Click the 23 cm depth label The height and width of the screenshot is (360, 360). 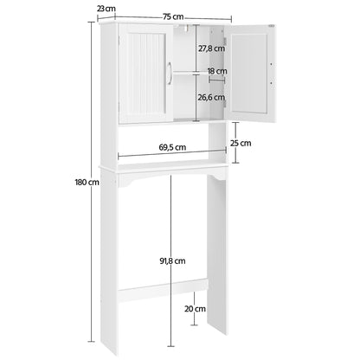click(x=106, y=8)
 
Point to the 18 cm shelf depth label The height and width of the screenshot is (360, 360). click(x=216, y=71)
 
